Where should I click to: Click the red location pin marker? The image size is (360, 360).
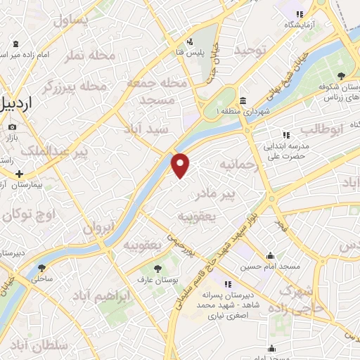pos(181,165)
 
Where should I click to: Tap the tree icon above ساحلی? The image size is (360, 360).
pos(41,268)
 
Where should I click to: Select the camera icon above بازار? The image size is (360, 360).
pos(12,127)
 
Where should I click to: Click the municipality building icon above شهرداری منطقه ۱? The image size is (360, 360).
pos(243,101)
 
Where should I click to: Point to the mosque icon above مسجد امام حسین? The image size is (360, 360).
pos(271,256)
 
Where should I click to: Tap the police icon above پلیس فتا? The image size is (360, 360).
pos(191,41)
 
